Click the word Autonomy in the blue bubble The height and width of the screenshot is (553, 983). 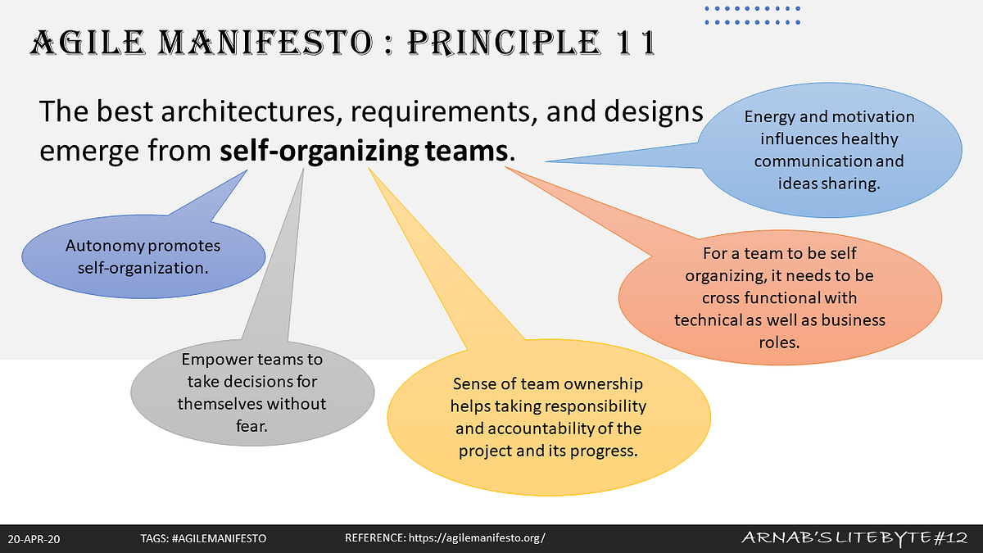click(101, 246)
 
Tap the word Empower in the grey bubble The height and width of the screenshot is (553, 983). click(211, 360)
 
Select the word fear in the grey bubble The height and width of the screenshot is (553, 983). click(251, 425)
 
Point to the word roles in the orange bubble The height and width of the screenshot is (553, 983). click(779, 341)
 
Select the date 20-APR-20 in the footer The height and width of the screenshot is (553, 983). click(35, 538)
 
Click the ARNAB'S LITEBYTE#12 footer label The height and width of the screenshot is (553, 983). click(857, 537)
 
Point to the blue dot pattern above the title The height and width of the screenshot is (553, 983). click(753, 16)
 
